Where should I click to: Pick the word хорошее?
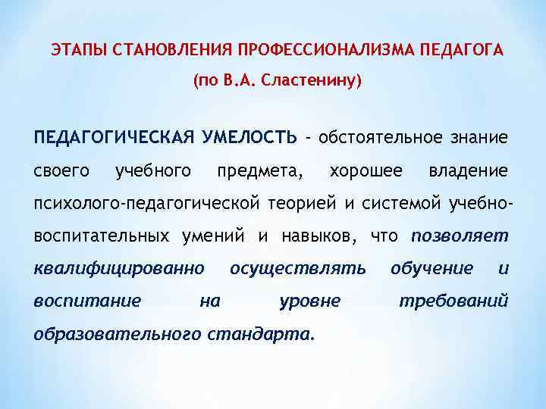point(366,171)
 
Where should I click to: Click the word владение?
point(469,171)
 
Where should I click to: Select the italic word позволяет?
point(460,236)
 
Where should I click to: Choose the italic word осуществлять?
point(298,268)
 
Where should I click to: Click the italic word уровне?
point(309,301)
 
